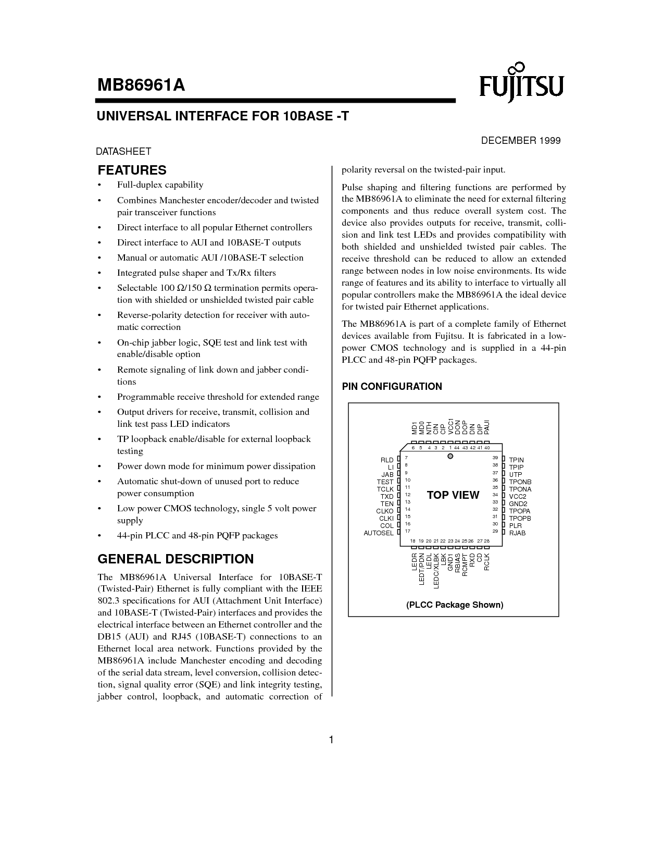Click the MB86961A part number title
click(141, 85)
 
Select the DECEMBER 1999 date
click(520, 141)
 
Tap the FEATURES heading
click(132, 170)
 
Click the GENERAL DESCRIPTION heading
click(176, 559)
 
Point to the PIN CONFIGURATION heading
click(392, 387)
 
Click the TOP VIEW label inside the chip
click(453, 495)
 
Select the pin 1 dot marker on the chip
click(451, 457)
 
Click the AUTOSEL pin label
click(379, 533)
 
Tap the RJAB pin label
click(517, 533)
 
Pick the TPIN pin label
click(516, 460)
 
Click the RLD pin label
click(387, 460)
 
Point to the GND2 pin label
click(518, 504)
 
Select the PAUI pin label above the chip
click(487, 427)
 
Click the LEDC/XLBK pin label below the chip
click(436, 571)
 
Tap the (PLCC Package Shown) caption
click(455, 605)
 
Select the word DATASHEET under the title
click(123, 152)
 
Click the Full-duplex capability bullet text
click(160, 185)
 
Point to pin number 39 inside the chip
click(495, 458)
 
